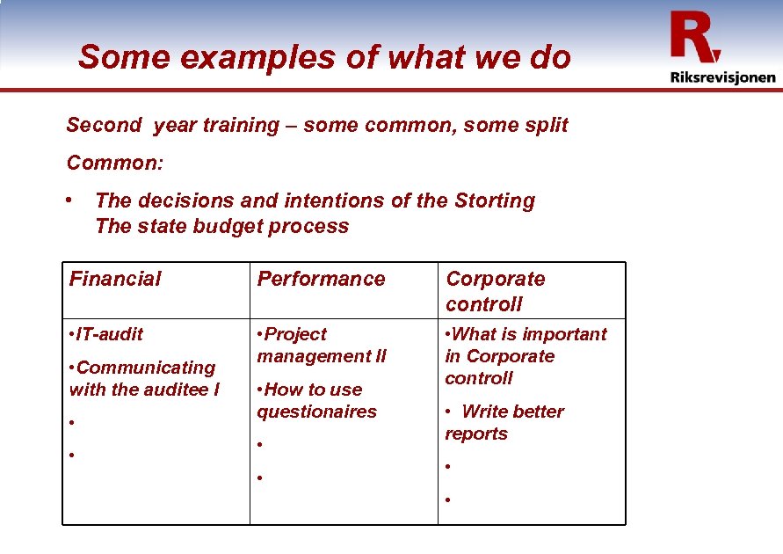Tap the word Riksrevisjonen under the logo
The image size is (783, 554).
pyautogui.click(x=722, y=77)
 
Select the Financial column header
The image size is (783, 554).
pyautogui.click(x=115, y=280)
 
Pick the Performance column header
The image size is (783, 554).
pyautogui.click(x=321, y=280)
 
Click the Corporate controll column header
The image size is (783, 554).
pyautogui.click(x=495, y=291)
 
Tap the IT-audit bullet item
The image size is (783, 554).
pyautogui.click(x=105, y=334)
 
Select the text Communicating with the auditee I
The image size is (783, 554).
pyautogui.click(x=144, y=378)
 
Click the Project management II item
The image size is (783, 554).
pyautogui.click(x=321, y=345)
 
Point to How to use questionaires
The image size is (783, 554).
pyautogui.click(x=316, y=400)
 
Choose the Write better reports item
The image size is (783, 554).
pyautogui.click(x=504, y=422)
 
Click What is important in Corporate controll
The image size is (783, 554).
pyautogui.click(x=526, y=356)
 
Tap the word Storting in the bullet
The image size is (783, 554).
pyautogui.click(x=495, y=201)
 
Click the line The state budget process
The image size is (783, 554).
pyautogui.click(x=221, y=226)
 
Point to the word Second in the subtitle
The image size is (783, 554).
pyautogui.click(x=104, y=126)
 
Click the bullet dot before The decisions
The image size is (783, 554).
pyautogui.click(x=70, y=200)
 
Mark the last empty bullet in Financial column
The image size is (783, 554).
pyautogui.click(x=71, y=456)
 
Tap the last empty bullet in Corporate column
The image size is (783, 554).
pyautogui.click(x=447, y=500)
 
